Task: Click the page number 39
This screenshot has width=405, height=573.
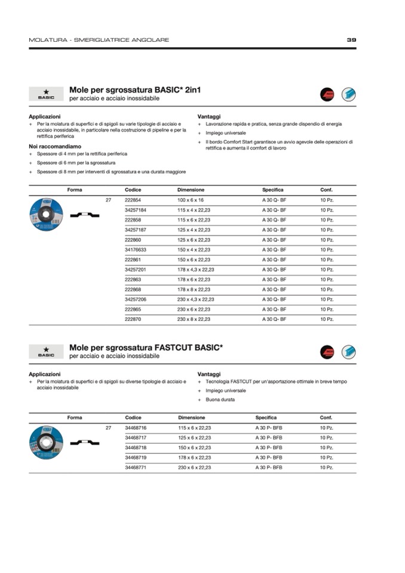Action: coord(351,40)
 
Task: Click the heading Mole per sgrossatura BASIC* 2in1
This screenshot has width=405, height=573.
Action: coord(135,90)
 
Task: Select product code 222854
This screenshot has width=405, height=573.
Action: coord(133,200)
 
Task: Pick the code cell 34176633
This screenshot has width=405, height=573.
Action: coord(136,250)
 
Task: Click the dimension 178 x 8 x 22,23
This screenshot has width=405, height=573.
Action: coord(194,290)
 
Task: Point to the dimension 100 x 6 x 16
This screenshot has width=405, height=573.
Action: coord(191,200)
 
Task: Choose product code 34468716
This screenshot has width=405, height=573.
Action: coord(136,428)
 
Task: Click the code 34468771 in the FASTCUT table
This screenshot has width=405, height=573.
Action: coord(136,467)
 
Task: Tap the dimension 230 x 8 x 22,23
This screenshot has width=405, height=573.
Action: coord(194,320)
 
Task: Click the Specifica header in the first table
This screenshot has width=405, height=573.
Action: coord(272,189)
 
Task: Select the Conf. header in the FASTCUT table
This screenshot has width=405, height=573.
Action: coord(326,418)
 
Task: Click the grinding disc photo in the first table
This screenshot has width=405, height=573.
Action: coord(47,214)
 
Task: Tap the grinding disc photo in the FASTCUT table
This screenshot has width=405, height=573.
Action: coord(47,442)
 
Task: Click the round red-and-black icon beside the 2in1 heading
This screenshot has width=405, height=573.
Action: coord(327,94)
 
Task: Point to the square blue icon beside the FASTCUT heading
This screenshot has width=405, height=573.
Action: coord(348,352)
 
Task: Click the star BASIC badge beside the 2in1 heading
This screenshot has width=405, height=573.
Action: coord(46,94)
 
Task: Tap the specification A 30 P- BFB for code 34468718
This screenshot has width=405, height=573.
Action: coord(268,448)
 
